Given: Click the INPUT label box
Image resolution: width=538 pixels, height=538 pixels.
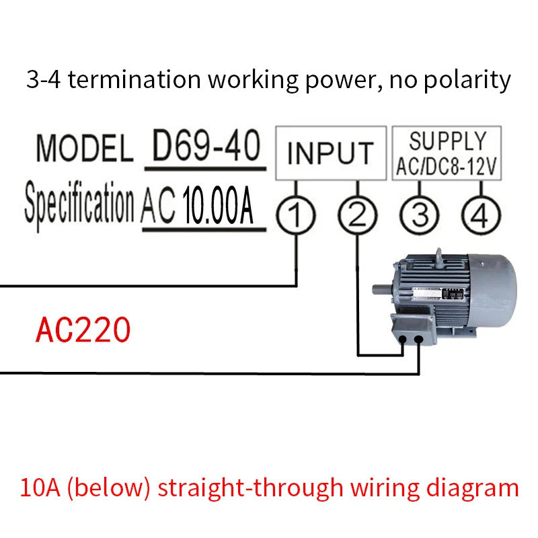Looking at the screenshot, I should [x=329, y=153].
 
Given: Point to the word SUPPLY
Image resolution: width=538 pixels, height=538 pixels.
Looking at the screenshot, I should [x=447, y=141].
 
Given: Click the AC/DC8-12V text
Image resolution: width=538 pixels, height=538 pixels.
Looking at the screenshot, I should [x=447, y=167].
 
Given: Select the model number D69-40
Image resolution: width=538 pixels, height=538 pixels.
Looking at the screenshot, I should [x=205, y=146].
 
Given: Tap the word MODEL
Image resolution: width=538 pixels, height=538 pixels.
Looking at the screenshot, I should [x=84, y=149].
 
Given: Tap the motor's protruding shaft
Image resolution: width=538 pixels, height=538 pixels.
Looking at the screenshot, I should [x=381, y=291].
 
